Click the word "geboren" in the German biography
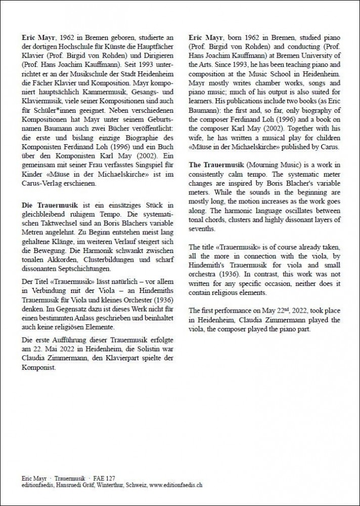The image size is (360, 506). coord(107,38)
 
